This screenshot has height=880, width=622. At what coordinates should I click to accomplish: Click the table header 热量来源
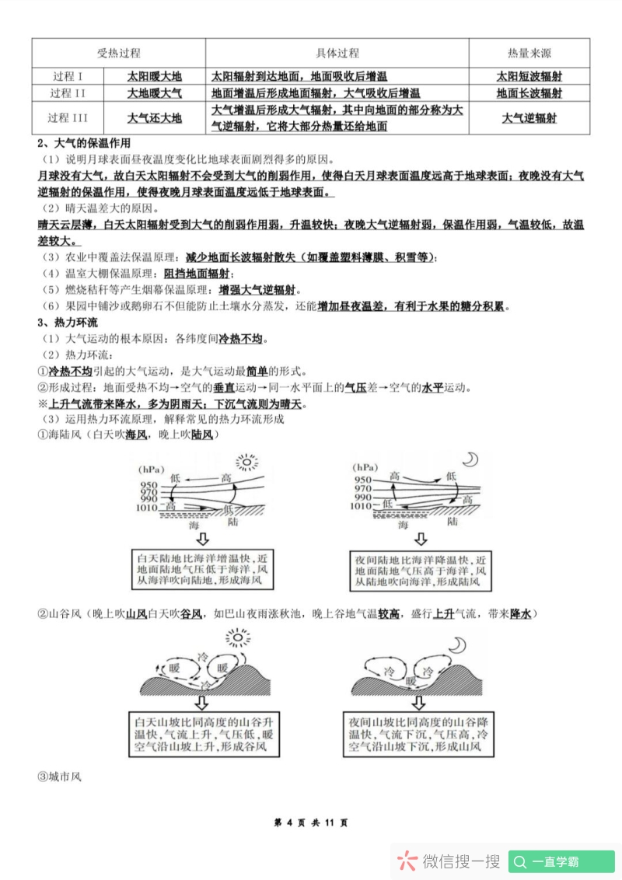point(529,53)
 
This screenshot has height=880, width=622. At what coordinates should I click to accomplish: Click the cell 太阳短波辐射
point(529,76)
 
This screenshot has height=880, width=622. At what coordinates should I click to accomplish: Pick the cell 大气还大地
point(154,118)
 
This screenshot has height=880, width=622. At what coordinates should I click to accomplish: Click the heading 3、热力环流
point(68,322)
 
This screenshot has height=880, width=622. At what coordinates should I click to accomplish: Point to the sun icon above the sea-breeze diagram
point(246,463)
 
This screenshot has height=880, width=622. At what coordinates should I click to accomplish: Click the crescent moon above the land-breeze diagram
point(470,459)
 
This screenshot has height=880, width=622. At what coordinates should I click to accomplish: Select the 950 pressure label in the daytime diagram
point(149,485)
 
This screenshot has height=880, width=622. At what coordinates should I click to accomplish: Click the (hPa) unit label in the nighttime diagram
point(367,468)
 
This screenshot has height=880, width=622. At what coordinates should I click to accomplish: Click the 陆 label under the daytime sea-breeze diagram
point(234,525)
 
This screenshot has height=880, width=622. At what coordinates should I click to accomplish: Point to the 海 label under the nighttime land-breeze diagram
point(403,525)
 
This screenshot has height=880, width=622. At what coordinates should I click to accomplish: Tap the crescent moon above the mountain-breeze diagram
point(458,644)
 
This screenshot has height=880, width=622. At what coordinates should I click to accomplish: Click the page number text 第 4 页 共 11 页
point(311,822)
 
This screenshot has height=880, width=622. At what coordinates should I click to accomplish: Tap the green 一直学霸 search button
point(561,861)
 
